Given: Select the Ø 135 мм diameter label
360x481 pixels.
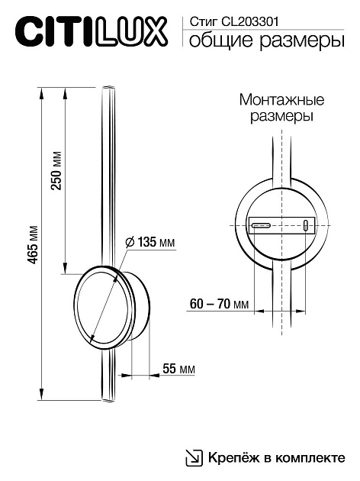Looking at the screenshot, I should click(149, 242).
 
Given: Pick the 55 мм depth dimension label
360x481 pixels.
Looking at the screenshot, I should click(178, 369).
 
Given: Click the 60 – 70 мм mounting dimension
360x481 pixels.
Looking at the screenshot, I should click(219, 304).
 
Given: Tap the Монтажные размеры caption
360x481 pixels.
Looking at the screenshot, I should click(282, 109).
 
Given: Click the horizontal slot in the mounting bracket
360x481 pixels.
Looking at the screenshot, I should click(261, 226).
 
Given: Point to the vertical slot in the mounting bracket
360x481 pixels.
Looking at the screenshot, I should click(306, 226).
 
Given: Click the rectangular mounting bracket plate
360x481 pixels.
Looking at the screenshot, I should click(281, 226).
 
